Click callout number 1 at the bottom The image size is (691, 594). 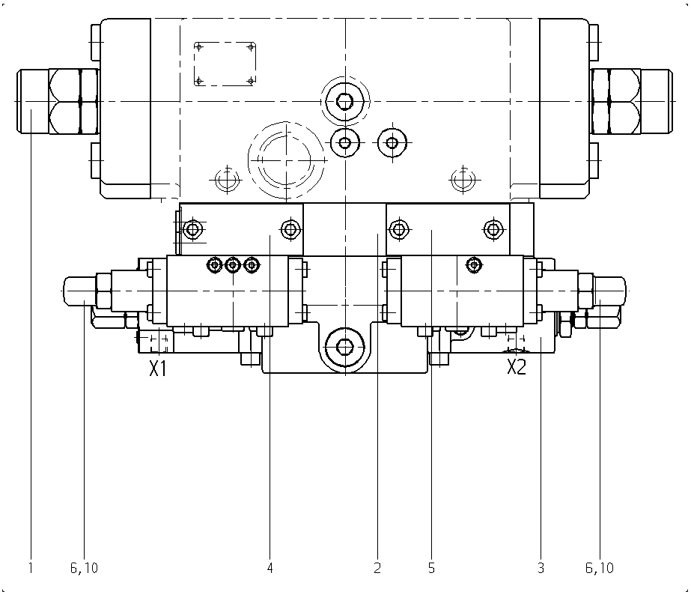tap(31, 568)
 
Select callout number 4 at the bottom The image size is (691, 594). tap(270, 568)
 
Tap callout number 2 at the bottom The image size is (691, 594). tap(377, 568)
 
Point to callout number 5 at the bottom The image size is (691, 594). tap(431, 568)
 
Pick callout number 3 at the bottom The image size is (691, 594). tap(541, 568)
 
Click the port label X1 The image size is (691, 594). tap(158, 369)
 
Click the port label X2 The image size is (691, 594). tap(516, 366)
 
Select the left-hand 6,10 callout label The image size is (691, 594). tap(84, 568)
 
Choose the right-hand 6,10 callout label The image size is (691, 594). tap(600, 568)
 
